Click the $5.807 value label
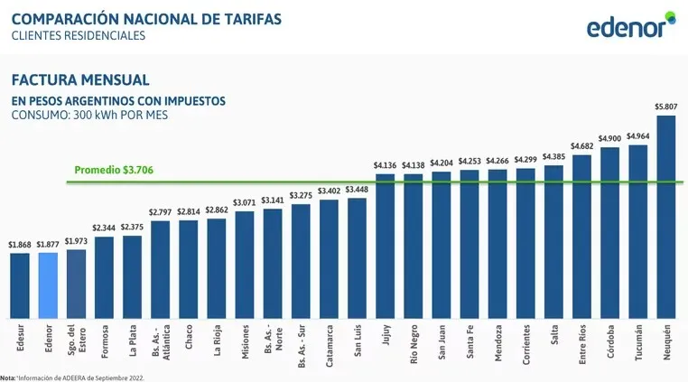tap(665, 107)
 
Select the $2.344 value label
tap(104, 228)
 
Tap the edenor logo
tap(629, 26)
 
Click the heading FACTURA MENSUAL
tap(79, 80)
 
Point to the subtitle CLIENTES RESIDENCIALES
tap(78, 36)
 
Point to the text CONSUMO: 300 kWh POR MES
tap(88, 116)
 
